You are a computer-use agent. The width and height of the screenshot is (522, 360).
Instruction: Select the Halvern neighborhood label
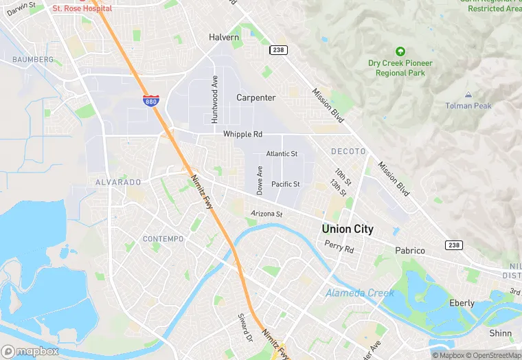(224, 37)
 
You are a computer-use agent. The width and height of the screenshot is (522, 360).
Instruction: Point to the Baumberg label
(32, 60)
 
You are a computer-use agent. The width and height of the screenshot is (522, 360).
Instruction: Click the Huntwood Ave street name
(214, 100)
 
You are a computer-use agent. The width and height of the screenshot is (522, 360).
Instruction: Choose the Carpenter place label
(256, 98)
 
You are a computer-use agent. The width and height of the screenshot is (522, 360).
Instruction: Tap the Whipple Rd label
(242, 134)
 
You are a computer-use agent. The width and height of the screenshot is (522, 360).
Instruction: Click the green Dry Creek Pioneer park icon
(400, 52)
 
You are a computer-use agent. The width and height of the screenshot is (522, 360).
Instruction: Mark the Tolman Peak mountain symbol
(468, 94)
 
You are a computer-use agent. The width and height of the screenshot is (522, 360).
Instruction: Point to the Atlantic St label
(282, 154)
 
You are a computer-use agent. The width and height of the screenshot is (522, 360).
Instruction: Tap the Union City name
(348, 229)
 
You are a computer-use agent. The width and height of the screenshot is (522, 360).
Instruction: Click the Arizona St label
(266, 214)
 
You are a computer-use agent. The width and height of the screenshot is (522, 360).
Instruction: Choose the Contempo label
(163, 238)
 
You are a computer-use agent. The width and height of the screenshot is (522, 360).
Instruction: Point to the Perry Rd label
(339, 247)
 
